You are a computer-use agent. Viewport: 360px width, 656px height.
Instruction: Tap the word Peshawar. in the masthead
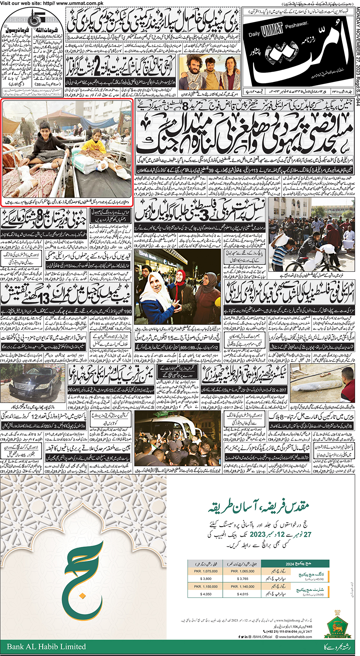point(296,26)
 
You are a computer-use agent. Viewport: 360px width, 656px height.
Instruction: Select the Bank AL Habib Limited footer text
point(46,646)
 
